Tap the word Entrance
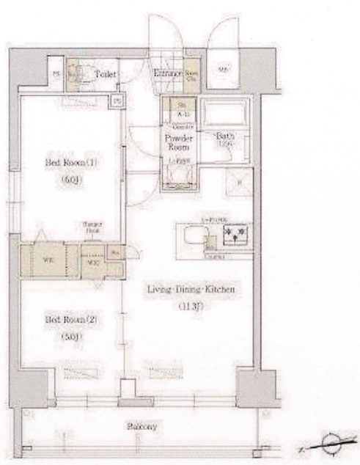(x=168, y=73)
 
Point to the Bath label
(x=224, y=136)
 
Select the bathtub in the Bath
(x=224, y=113)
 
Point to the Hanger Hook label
(x=90, y=227)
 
